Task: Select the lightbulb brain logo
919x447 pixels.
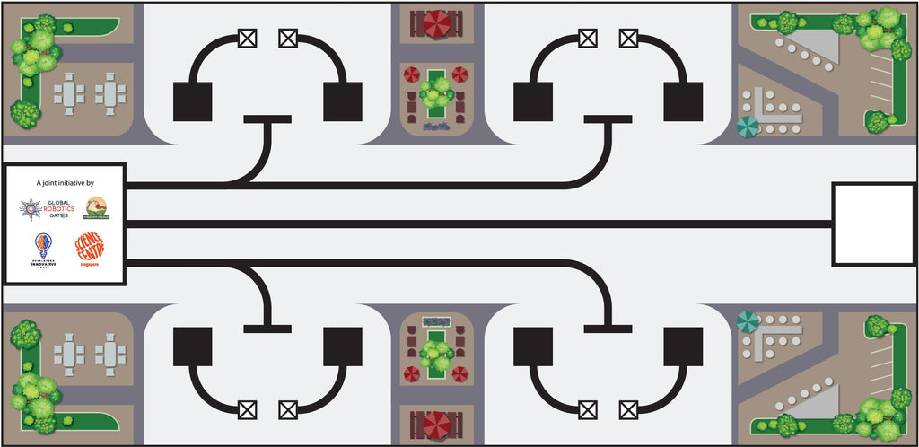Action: pyautogui.click(x=41, y=244)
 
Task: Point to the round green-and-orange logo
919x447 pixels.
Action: pyautogui.click(x=95, y=208)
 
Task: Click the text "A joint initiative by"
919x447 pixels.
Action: pyautogui.click(x=65, y=182)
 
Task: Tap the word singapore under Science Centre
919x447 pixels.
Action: pyautogui.click(x=89, y=265)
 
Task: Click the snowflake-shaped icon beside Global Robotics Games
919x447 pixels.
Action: pyautogui.click(x=29, y=209)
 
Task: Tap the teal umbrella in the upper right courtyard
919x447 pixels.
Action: pyautogui.click(x=747, y=127)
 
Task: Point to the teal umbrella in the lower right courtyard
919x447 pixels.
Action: pyautogui.click(x=747, y=320)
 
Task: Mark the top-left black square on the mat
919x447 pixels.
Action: pyautogui.click(x=192, y=101)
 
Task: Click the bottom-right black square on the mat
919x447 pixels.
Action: pyautogui.click(x=683, y=346)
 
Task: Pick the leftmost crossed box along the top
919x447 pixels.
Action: pyautogui.click(x=247, y=38)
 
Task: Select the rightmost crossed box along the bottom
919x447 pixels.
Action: pyautogui.click(x=628, y=409)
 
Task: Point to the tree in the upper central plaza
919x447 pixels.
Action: pyautogui.click(x=439, y=90)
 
